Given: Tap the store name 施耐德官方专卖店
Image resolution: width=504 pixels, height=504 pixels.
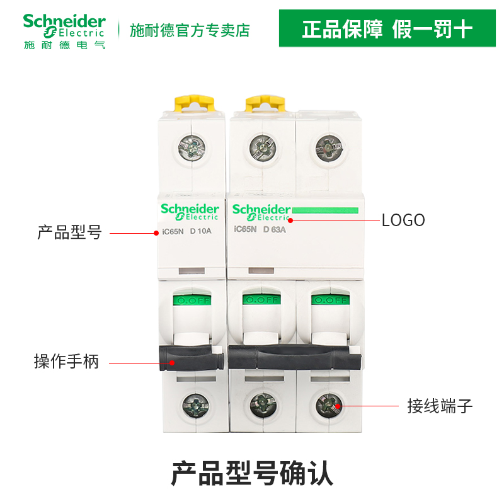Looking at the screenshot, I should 190,30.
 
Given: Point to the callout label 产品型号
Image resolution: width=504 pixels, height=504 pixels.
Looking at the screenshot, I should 69,233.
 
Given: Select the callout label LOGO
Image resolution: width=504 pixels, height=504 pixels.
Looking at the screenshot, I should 403,220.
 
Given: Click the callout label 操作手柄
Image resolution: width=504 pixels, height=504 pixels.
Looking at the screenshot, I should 67,362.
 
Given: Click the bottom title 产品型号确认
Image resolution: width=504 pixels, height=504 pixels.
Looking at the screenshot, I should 252,472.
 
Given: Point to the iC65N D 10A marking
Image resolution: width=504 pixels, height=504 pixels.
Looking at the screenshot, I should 188,231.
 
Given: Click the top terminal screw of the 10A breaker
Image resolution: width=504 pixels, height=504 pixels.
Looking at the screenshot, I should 192,147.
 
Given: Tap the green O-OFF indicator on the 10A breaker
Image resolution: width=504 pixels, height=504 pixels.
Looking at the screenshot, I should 192,301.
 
